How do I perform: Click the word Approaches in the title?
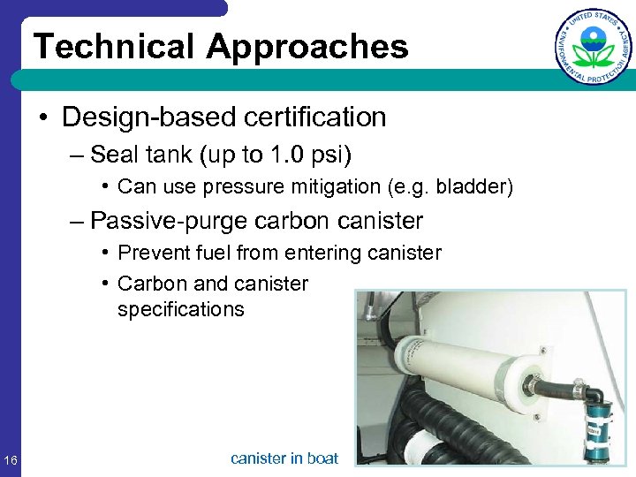pyautogui.click(x=308, y=47)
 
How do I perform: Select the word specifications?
pyautogui.click(x=180, y=309)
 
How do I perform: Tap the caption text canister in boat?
pyautogui.click(x=284, y=458)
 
